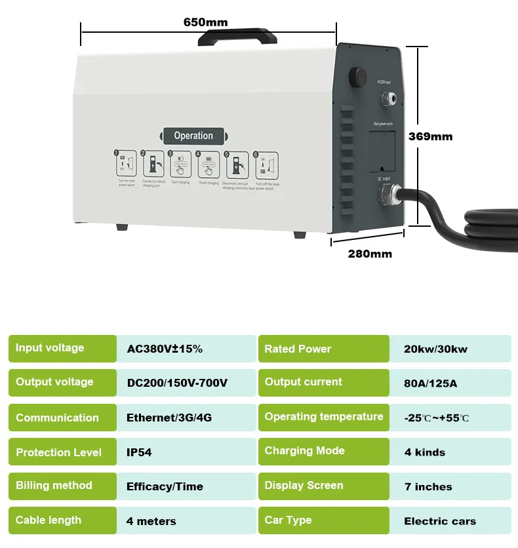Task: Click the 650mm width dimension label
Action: coord(205,23)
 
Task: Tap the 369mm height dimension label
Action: coord(430,137)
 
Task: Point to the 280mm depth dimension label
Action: coord(370,254)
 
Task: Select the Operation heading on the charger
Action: coord(193,136)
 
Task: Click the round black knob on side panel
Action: coord(358,73)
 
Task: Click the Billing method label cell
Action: coord(62,486)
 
